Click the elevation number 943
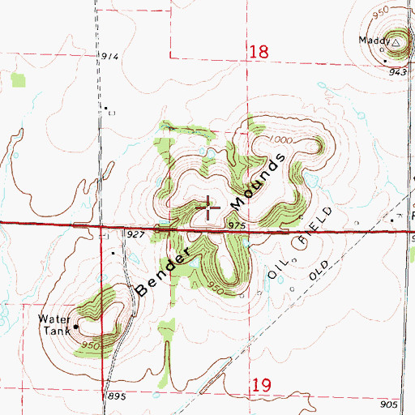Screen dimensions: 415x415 pyautogui.click(x=396, y=72)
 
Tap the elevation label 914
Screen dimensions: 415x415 pyautogui.click(x=110, y=56)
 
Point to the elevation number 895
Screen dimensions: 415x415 pyautogui.click(x=118, y=396)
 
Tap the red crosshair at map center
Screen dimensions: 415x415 pyautogui.click(x=208, y=209)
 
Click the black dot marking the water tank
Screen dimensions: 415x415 pyautogui.click(x=75, y=327)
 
